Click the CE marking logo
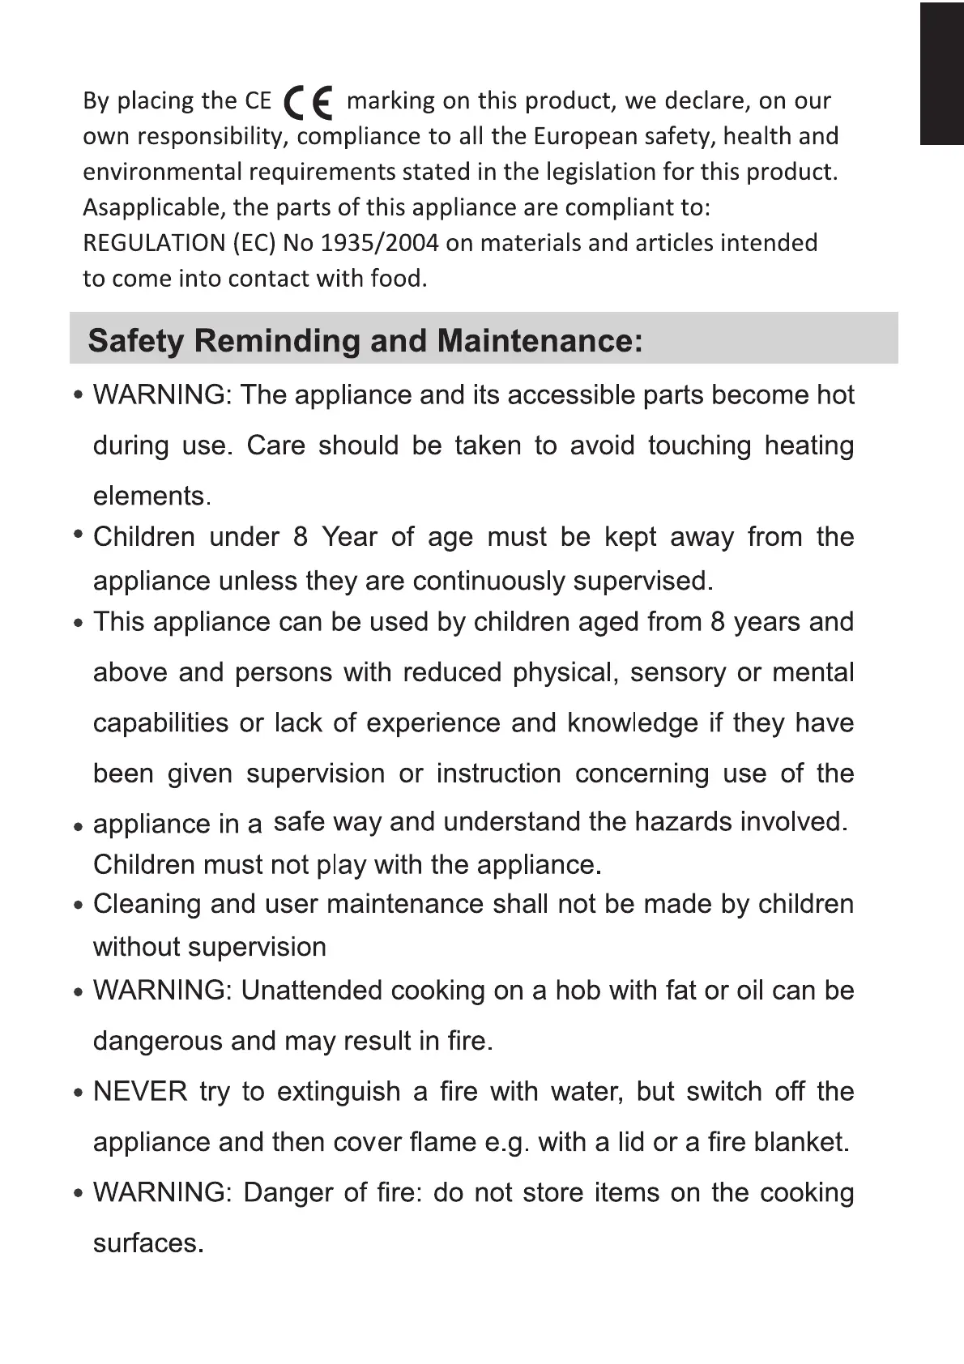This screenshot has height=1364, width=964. pyautogui.click(x=309, y=102)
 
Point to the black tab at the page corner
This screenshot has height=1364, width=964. pyautogui.click(x=941, y=74)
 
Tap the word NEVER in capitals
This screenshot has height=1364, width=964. pyautogui.click(x=140, y=1092)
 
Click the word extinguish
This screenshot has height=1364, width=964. pyautogui.click(x=339, y=1092)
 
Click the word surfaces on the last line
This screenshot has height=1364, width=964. pyautogui.click(x=147, y=1243)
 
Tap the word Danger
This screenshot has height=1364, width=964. pyautogui.click(x=287, y=1193)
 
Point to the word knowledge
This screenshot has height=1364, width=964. pyautogui.click(x=633, y=722)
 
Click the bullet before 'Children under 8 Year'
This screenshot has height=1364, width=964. pyautogui.click(x=79, y=535)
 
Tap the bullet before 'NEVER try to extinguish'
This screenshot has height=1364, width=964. pyautogui.click(x=79, y=1093)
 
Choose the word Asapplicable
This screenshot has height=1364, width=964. pyautogui.click(x=151, y=208)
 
